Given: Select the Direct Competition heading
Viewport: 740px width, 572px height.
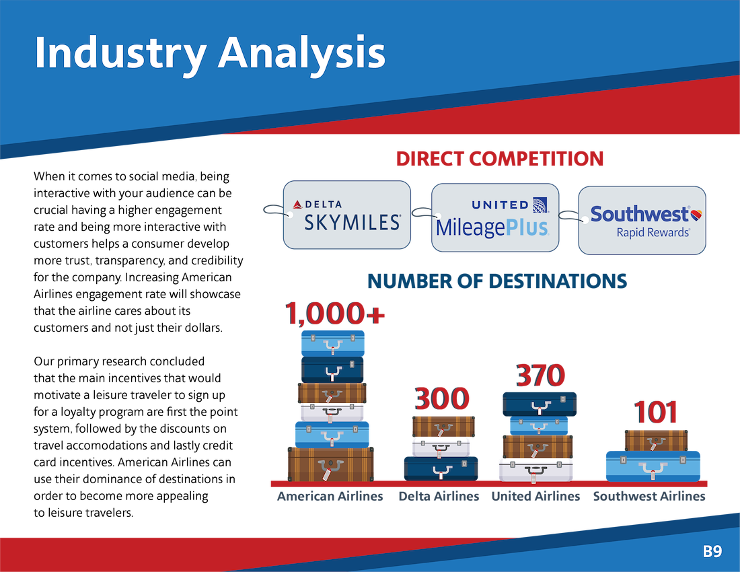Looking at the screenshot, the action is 500,159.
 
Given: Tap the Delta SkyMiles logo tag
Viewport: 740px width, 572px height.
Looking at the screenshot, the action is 347,215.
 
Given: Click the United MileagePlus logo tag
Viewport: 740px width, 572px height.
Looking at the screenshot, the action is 495,217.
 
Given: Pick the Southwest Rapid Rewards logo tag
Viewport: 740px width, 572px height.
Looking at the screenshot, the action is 642,221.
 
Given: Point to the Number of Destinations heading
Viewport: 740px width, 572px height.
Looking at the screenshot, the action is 497,281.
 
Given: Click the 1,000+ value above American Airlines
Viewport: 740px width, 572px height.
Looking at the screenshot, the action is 334,314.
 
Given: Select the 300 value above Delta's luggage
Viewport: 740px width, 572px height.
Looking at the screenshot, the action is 442,399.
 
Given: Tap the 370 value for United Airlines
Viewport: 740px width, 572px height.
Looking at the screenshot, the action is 540,376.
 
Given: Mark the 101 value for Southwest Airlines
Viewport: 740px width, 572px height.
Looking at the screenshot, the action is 655,412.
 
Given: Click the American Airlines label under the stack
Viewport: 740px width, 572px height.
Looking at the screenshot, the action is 330,497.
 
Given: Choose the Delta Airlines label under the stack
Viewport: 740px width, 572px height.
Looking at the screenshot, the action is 439,497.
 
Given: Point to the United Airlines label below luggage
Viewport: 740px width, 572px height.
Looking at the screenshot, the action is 535,497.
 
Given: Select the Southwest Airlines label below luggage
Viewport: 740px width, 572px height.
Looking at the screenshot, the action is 649,497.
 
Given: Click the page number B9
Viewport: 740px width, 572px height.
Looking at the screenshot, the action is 712,551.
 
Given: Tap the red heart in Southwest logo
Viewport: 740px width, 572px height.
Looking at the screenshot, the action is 696,215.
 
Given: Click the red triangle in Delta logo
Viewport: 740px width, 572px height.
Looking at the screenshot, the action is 297,205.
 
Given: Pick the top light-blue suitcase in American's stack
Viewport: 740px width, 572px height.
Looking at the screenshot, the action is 333,343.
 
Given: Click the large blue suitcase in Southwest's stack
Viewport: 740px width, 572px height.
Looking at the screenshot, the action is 653,466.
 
